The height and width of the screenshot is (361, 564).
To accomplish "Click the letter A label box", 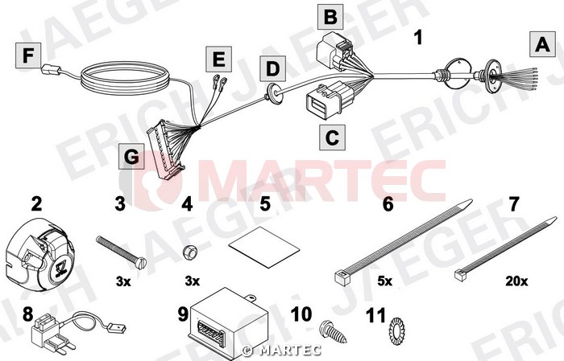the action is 542,44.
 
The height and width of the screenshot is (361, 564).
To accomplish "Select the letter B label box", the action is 330,17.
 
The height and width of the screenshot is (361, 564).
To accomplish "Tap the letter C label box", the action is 332,137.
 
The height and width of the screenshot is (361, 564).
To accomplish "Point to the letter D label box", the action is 273,68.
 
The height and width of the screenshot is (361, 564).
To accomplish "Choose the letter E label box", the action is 218,59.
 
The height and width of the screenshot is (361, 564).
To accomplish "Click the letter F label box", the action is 28,55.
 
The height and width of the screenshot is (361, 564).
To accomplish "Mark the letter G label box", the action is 131,157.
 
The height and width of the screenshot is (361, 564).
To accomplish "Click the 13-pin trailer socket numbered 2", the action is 39,254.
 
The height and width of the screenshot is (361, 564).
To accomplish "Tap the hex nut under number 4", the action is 189,252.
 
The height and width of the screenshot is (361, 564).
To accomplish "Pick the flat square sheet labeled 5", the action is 264,248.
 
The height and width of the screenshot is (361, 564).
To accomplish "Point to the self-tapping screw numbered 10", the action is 333,331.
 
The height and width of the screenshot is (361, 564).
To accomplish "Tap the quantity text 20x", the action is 516,281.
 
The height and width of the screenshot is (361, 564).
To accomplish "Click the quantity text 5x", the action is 385,281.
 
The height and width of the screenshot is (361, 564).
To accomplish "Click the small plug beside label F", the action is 52,69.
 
